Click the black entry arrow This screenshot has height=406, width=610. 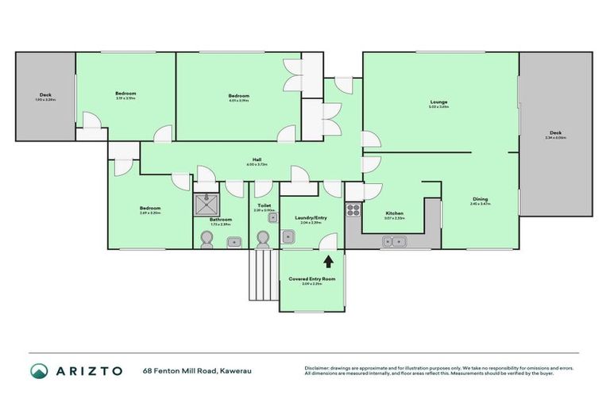pos(329,260)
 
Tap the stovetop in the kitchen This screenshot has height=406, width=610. pos(353,210)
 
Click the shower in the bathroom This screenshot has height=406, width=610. pos(208,203)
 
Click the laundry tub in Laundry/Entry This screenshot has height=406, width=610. pos(307,243)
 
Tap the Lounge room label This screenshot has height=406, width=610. pos(439,101)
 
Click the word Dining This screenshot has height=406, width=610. pos(480,199)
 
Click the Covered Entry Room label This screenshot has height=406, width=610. pos(313,279)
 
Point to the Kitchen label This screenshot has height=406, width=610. pos(396,213)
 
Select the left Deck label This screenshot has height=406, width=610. pos(46,95)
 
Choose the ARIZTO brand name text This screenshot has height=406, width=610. pos(89,370)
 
